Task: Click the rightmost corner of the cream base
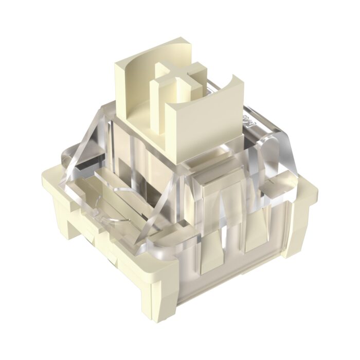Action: tap(309, 198)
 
